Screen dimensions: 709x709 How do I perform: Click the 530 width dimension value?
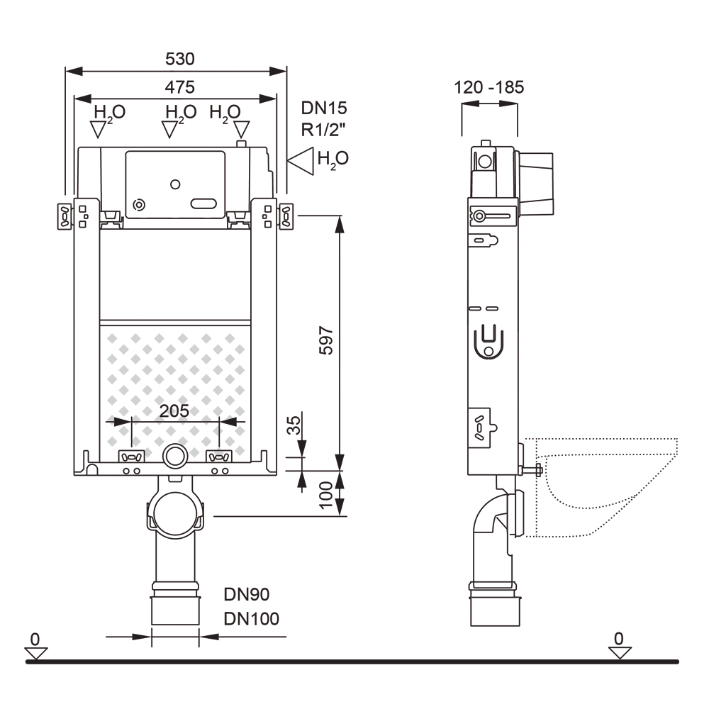tap(180, 59)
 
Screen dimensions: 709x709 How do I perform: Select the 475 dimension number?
tap(180, 86)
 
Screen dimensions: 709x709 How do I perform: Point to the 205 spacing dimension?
tap(174, 411)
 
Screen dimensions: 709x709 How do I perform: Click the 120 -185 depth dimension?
tap(489, 88)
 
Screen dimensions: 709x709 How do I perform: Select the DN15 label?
tap(324, 108)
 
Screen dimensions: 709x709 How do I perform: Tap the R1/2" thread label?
tap(324, 130)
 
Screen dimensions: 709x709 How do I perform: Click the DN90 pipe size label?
tap(247, 594)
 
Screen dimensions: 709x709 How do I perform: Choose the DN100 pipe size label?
tap(252, 618)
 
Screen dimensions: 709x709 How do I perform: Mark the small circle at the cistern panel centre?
tap(175, 185)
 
